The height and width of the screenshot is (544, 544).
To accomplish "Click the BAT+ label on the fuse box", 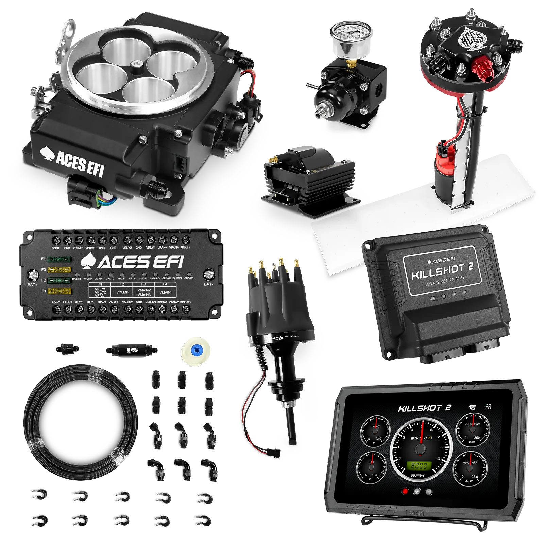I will [32, 284].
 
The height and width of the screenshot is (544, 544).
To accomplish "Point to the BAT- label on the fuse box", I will [208, 284].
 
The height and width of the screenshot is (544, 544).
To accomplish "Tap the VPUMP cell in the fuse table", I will [122, 292].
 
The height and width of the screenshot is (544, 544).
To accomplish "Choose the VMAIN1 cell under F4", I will [166, 292].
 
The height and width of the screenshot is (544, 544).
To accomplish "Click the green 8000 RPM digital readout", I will [420, 465].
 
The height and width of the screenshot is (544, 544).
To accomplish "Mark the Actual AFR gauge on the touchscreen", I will [470, 468].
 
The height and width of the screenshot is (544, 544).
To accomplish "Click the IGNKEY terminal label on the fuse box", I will [185, 248].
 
